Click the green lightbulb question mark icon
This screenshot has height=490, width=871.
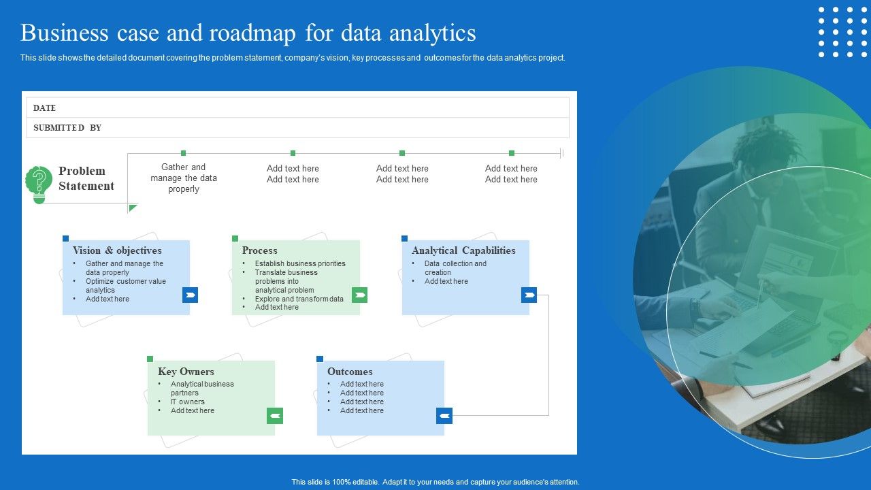[39, 184]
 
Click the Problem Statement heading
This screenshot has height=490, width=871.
[86, 178]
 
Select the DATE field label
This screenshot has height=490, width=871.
[44, 108]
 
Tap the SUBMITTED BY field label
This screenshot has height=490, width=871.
[67, 128]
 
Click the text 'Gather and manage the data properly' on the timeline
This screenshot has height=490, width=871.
[184, 178]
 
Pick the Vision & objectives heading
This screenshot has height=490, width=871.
[117, 250]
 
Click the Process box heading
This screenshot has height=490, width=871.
[259, 250]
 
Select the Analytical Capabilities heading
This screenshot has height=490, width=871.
[463, 250]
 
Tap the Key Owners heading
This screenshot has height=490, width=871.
[186, 372]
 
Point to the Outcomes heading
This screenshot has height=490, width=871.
[350, 372]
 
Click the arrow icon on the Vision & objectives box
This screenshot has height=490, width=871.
[190, 295]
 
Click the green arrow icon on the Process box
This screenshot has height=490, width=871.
[359, 295]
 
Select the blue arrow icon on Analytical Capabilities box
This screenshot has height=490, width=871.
[529, 295]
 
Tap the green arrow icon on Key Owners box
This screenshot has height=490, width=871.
[274, 416]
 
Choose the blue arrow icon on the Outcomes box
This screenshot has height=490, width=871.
[444, 416]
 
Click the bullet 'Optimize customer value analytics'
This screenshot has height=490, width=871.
[125, 286]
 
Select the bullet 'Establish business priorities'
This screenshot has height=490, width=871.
[300, 263]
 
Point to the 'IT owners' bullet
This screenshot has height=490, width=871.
[187, 402]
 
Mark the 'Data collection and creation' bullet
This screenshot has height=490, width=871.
[455, 267]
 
